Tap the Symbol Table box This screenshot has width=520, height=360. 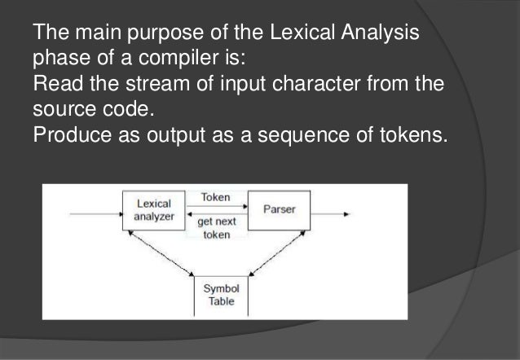pyautogui.click(x=219, y=295)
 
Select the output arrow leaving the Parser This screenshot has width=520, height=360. pyautogui.click(x=330, y=215)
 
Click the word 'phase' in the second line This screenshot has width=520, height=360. pyautogui.click(x=56, y=59)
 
